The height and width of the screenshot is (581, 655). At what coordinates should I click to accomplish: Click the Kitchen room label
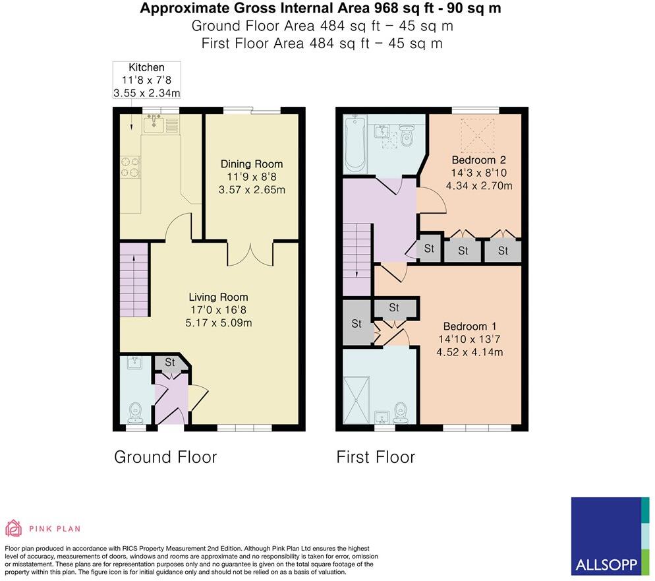(146, 67)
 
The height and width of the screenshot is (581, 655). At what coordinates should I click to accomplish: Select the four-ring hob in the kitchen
(130, 168)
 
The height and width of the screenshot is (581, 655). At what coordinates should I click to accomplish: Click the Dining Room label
(252, 164)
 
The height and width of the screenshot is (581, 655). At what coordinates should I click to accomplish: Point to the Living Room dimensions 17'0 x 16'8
(219, 310)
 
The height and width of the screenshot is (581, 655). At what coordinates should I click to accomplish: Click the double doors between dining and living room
(250, 254)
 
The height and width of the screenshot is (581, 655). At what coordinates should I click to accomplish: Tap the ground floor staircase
(135, 279)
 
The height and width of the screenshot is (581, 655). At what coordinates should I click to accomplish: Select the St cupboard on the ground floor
(169, 363)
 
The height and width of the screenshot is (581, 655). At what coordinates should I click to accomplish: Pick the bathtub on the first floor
(355, 143)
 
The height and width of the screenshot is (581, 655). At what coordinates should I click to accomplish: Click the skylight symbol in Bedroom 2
(478, 134)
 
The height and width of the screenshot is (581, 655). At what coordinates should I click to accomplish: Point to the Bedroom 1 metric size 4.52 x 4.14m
(470, 352)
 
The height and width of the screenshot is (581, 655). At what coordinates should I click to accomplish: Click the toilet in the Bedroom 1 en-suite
(403, 413)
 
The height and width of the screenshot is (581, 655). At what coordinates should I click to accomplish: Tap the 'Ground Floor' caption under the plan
(165, 457)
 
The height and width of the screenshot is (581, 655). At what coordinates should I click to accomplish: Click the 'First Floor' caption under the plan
(376, 457)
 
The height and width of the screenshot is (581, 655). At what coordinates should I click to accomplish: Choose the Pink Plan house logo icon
(14, 528)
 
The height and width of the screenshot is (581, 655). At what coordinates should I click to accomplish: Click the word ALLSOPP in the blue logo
(605, 565)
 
